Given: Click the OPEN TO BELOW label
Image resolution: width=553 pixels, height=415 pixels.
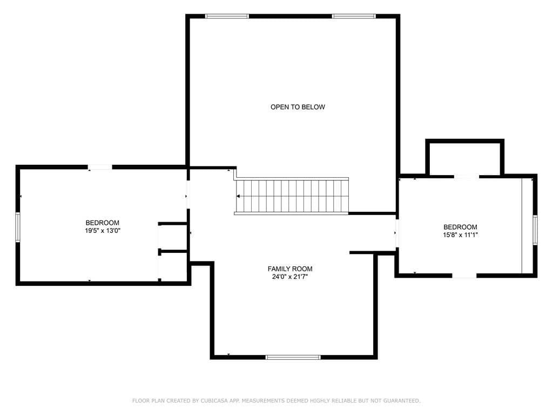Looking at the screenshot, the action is tap(298, 107).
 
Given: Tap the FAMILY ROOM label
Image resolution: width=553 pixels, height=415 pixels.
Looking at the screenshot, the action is tap(290, 269).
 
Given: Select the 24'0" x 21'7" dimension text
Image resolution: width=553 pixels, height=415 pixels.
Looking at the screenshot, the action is tap(290, 277).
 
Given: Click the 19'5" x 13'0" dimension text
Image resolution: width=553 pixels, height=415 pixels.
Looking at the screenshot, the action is tap(102, 231).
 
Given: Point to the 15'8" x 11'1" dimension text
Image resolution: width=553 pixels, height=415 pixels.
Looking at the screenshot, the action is tap(460, 235).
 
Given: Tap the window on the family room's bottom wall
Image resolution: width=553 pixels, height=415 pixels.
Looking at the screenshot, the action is tap(293, 357).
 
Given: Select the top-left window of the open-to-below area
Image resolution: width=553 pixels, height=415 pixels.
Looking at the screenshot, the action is tap(227, 16).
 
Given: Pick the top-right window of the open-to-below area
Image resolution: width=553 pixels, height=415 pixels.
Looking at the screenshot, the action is tap(354, 16).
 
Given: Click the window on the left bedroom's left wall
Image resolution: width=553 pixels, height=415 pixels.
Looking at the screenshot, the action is tap(18, 227).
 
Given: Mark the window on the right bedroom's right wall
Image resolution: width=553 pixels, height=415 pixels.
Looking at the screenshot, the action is tap(535, 230).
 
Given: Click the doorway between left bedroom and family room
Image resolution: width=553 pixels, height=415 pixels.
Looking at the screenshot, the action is tap(188, 195).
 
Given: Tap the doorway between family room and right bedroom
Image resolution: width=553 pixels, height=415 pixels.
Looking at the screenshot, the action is tap(397, 233).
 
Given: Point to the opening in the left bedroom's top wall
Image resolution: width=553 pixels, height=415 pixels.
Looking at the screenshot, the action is tap(100, 168).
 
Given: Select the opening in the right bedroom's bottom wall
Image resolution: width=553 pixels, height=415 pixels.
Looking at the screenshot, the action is tap(464, 276).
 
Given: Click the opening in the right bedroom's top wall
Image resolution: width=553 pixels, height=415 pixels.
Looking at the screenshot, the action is tap(466, 176).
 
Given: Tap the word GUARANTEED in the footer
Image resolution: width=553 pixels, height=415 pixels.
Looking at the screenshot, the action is tap(402, 400).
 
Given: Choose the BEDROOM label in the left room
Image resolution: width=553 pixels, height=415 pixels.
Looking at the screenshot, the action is tap(102, 223).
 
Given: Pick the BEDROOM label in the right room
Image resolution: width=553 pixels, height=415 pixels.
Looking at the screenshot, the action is tap(460, 227).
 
